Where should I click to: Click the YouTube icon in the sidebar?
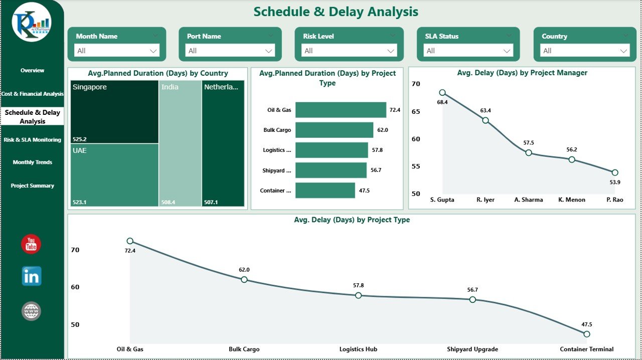(x=31, y=244)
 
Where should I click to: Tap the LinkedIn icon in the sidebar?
(x=32, y=276)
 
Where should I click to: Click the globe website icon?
(x=31, y=311)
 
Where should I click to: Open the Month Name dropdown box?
(x=117, y=51)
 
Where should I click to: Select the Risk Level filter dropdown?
(x=349, y=51)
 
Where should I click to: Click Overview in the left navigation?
(x=32, y=71)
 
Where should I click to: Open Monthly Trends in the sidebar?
(x=32, y=162)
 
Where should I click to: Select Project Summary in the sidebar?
(x=32, y=186)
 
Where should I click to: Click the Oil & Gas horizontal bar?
(x=341, y=110)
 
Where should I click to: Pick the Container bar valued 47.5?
(x=325, y=191)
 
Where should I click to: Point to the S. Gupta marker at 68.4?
(x=442, y=93)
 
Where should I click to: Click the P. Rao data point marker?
(x=615, y=172)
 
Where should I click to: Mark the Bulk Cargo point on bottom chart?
(x=244, y=279)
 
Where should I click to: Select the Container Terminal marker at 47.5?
(x=587, y=334)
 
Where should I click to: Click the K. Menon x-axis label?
(x=572, y=200)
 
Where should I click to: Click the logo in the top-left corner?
(x=32, y=23)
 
